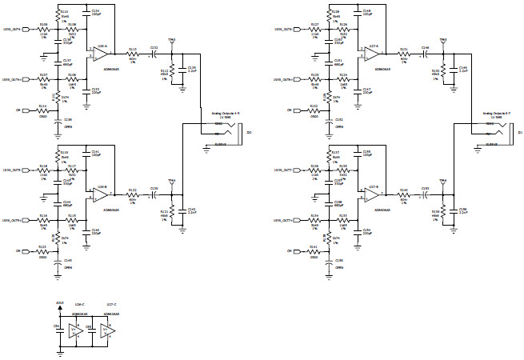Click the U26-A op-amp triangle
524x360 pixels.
(99, 54)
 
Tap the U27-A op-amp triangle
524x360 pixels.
(369, 54)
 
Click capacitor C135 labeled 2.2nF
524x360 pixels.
(182, 70)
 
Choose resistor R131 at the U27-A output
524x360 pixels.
(403, 54)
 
